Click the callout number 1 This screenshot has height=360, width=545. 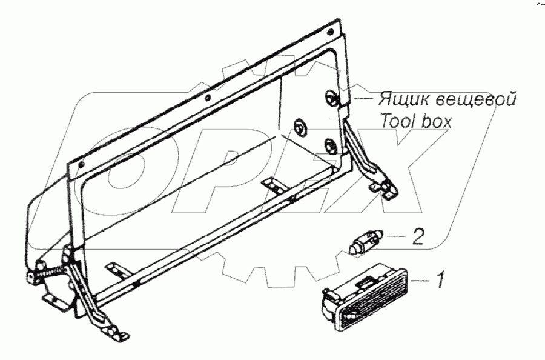(441, 280)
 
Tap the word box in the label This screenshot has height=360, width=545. (437, 121)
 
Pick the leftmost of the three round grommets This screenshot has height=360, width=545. (300, 127)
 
